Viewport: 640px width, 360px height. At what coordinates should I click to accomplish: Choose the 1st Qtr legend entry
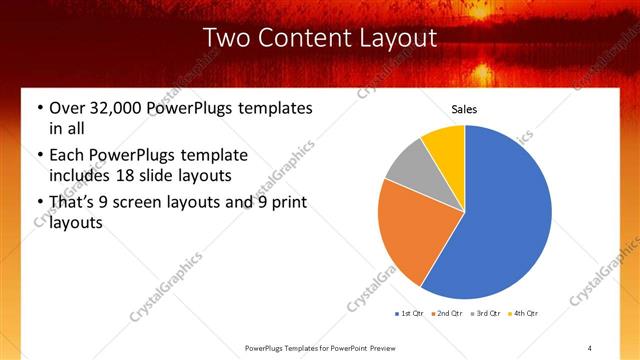tap(410, 314)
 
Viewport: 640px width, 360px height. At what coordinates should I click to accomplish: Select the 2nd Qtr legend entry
tap(446, 314)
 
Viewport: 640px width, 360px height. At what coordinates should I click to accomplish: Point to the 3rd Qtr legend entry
tap(484, 314)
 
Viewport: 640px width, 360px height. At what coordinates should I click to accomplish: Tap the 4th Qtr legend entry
tap(522, 314)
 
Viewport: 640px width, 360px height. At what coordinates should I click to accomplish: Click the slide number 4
tap(590, 347)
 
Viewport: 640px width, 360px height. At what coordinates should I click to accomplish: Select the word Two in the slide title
tap(225, 38)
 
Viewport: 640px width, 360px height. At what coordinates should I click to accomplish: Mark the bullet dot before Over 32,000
tap(38, 108)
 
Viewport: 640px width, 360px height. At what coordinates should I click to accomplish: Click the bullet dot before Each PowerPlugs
tap(38, 155)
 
